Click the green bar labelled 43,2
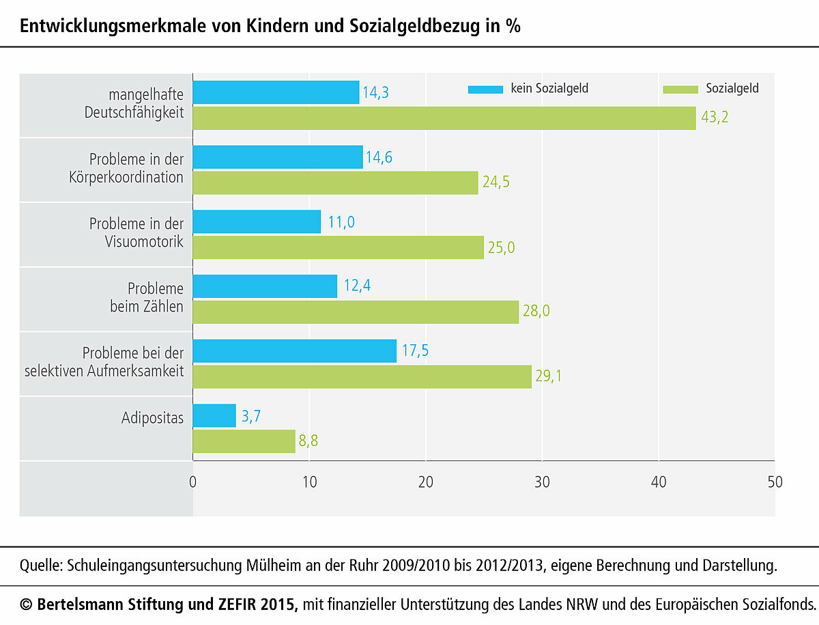coord(444,118)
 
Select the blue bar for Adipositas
coord(214,415)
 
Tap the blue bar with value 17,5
coord(295,351)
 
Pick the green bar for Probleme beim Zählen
coord(356,312)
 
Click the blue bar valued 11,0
coord(257,222)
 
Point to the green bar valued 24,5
coord(335,183)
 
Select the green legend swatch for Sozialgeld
coord(680,89)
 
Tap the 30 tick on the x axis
coord(542,482)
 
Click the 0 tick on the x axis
coord(193,482)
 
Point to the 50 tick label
coord(775,482)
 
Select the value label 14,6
coord(379,157)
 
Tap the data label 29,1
coord(548,376)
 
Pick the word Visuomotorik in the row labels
coord(144,242)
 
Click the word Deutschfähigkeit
coord(134,113)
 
